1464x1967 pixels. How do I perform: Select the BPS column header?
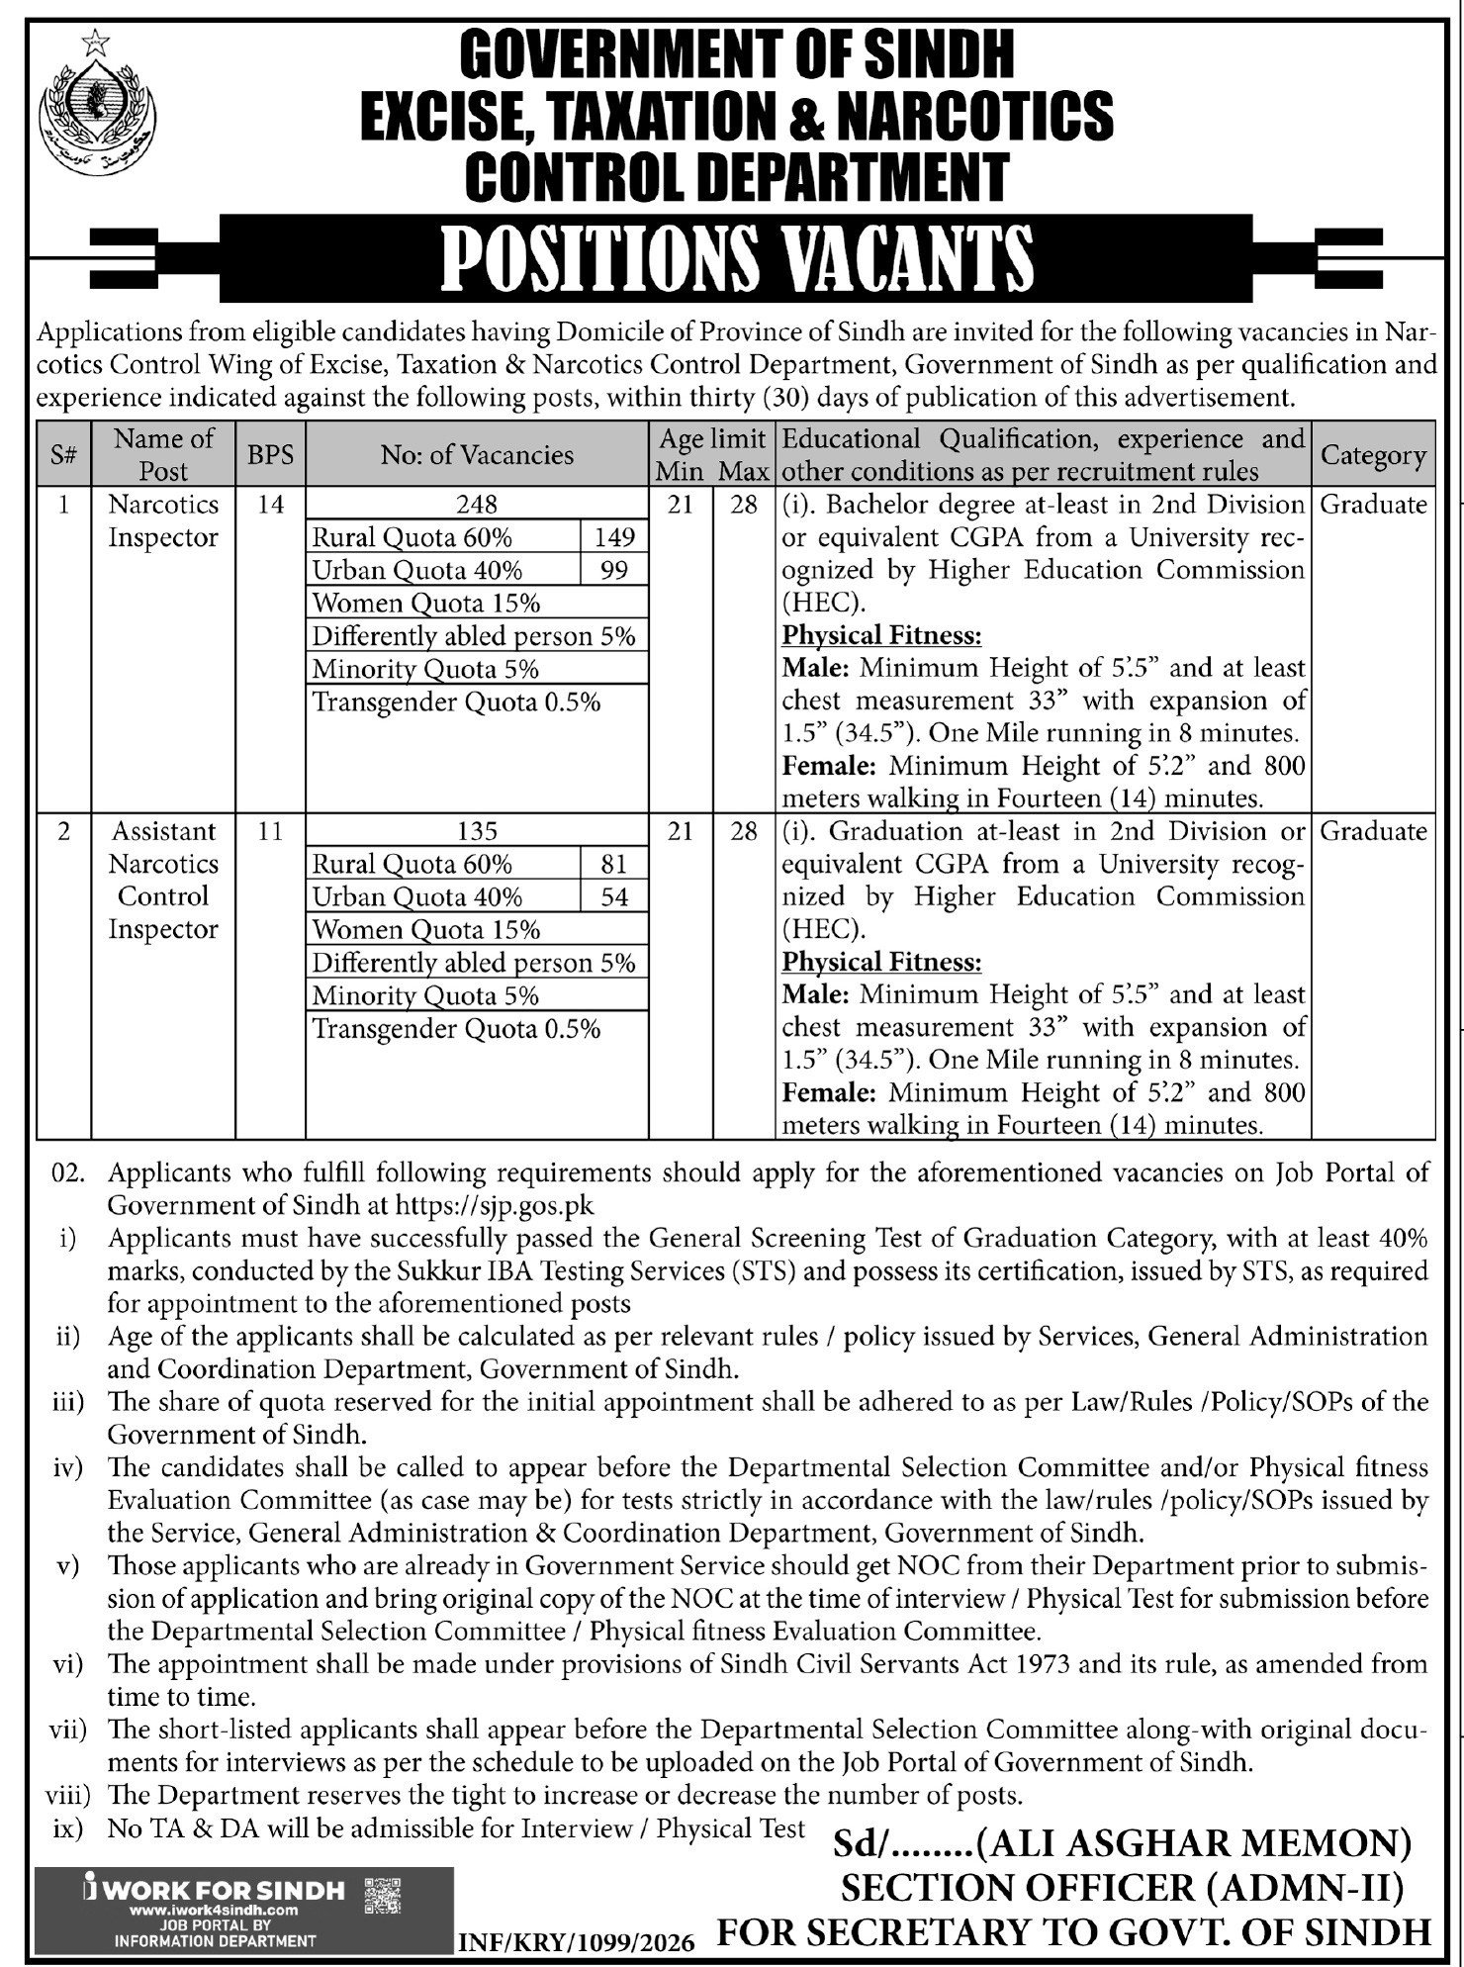270,454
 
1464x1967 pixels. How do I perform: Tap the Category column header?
1373,455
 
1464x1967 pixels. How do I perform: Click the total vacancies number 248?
477,505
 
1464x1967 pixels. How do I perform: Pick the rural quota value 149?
613,537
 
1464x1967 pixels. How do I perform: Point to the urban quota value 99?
613,570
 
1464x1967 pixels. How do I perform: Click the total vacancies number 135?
477,831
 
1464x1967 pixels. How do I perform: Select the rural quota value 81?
613,864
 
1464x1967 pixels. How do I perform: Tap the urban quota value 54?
613,896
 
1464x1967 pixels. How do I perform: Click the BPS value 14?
270,505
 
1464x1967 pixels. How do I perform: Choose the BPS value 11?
270,831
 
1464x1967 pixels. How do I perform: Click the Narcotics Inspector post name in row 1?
163,521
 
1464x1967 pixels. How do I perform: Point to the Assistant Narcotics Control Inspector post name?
163,880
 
